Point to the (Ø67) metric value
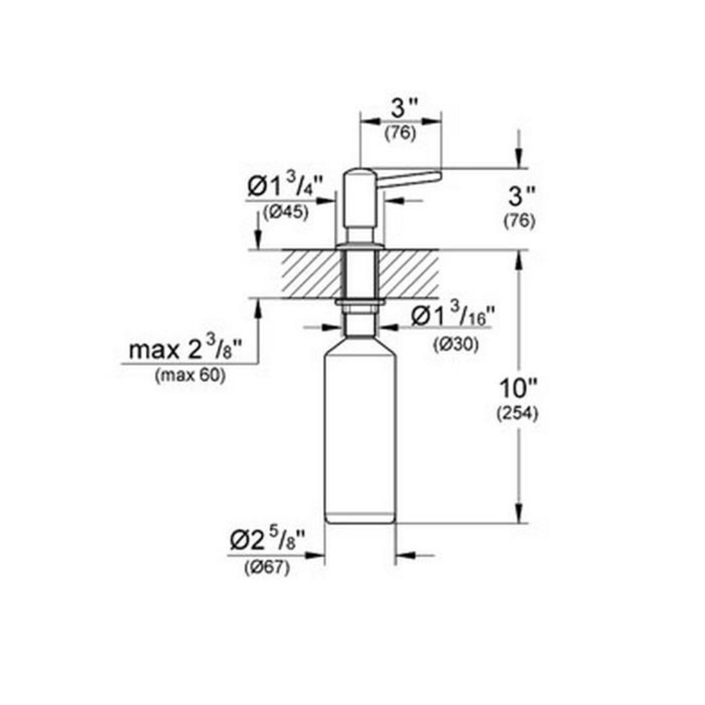[x=267, y=568]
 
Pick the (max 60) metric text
[x=190, y=377]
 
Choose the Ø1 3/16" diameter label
[x=449, y=318]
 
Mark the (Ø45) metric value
[x=287, y=213]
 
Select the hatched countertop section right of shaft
[x=411, y=274]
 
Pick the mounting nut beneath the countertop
[x=360, y=304]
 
